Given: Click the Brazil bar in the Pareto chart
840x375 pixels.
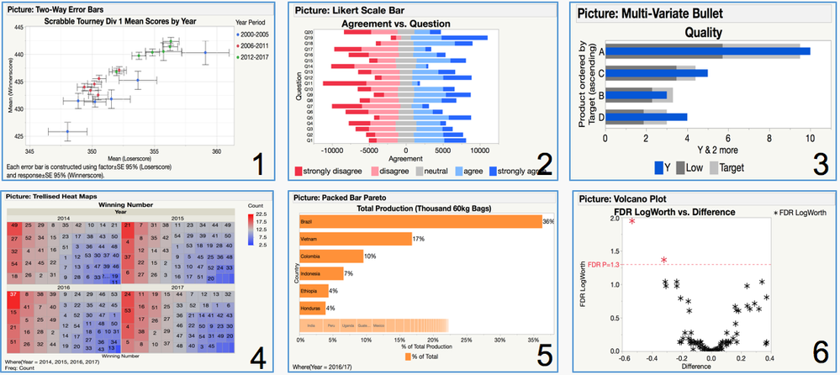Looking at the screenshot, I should tap(420, 222).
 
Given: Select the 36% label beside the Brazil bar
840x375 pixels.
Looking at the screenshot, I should tap(548, 222).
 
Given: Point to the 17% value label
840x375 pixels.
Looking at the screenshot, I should tap(418, 240).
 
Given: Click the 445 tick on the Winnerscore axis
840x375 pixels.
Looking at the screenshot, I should tap(19, 28).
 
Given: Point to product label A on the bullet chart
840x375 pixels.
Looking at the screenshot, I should tap(600, 51).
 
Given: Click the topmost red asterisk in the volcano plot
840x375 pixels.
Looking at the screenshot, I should tap(631, 220).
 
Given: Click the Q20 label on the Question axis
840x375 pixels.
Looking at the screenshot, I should tap(309, 32).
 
